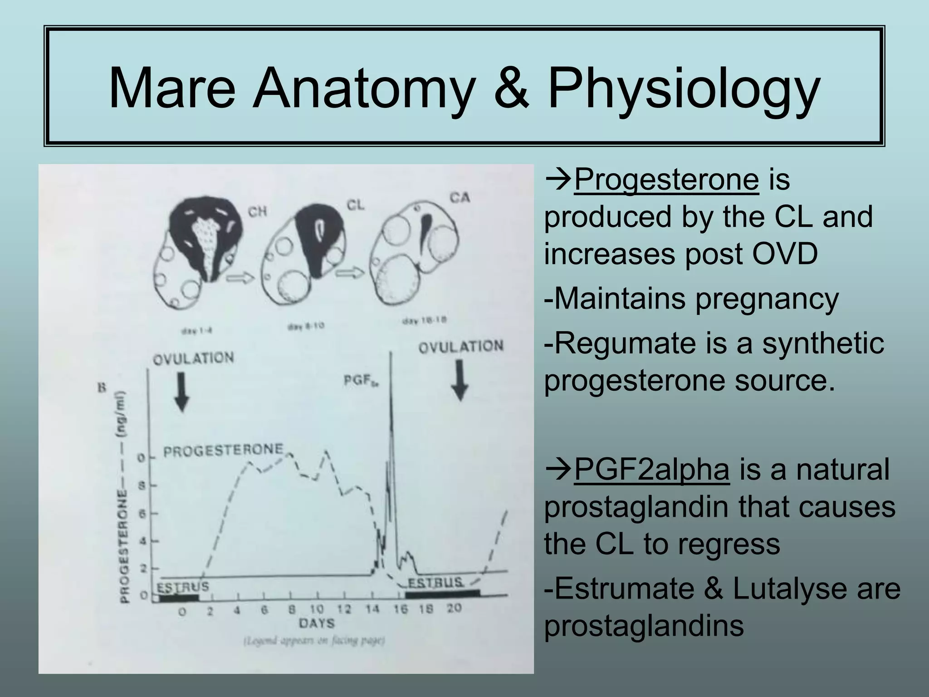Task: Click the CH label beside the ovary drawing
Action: click(x=257, y=211)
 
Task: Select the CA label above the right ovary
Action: click(x=460, y=198)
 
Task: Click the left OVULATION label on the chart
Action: click(x=194, y=358)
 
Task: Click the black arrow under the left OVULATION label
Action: click(x=182, y=391)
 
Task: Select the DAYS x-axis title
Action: click(x=317, y=623)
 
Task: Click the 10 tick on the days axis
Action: click(x=317, y=609)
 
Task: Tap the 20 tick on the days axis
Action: click(x=454, y=608)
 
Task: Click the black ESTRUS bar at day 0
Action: click(x=179, y=597)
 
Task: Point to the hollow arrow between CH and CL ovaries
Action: click(x=240, y=278)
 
